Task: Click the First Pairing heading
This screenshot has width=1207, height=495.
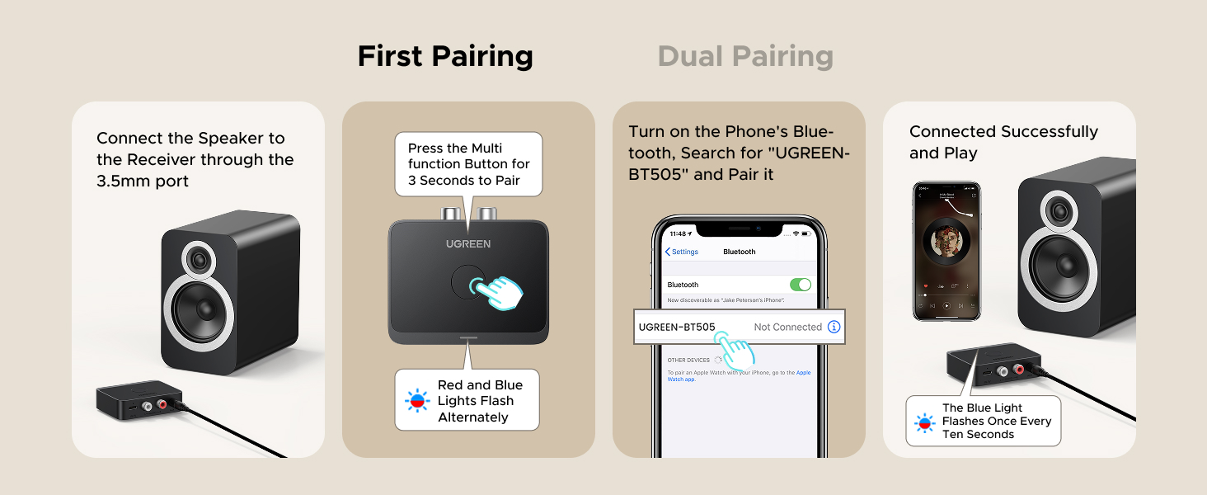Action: [x=445, y=56]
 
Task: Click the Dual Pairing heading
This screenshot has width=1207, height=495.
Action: [x=745, y=56]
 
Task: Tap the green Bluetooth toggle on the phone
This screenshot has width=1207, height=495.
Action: [x=800, y=285]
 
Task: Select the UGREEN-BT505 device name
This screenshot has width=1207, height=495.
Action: [x=677, y=327]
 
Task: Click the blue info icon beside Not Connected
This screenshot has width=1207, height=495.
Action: [x=834, y=327]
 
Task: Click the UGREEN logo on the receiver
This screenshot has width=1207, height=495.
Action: [x=468, y=243]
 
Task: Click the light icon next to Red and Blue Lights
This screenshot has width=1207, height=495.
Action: [x=417, y=401]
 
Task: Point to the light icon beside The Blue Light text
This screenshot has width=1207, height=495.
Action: [x=924, y=422]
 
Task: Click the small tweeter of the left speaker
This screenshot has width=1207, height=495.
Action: [x=198, y=261]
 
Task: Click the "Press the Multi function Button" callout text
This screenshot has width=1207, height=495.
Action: [x=468, y=164]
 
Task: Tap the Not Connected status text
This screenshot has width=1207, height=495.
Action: [x=787, y=327]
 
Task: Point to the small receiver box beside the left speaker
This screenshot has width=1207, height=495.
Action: [x=132, y=399]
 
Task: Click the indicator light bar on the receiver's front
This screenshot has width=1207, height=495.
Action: [x=468, y=337]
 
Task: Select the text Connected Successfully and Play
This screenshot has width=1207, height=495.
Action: [x=1003, y=142]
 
